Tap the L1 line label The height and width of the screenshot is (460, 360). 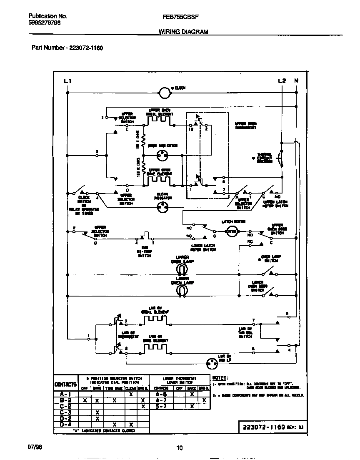pos(68,80)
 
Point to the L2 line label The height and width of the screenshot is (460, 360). pos(282,80)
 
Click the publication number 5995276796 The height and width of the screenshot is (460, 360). pos(45,24)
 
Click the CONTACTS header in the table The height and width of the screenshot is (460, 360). pos(66,384)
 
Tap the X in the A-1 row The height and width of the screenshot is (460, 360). pos(130,394)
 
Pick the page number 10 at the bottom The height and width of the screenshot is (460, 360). pos(180,448)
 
